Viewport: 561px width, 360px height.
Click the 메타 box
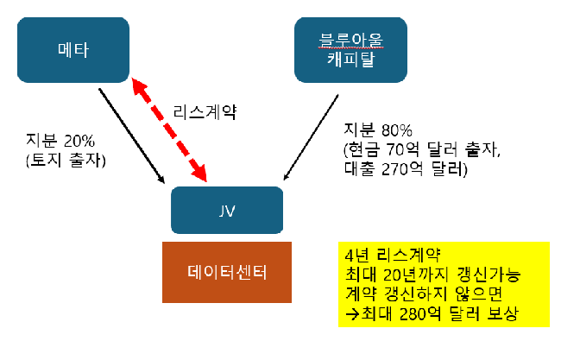coord(73,50)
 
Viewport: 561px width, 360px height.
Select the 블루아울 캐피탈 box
coord(349,50)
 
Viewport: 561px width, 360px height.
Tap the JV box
coord(227,209)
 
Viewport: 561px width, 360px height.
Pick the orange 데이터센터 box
coord(227,271)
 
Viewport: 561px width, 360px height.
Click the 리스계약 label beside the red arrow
coord(205,111)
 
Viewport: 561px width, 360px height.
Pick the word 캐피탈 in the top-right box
coord(349,60)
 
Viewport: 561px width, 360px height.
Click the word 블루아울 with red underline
coord(349,40)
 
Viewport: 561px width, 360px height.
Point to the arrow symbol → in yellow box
coord(350,315)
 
